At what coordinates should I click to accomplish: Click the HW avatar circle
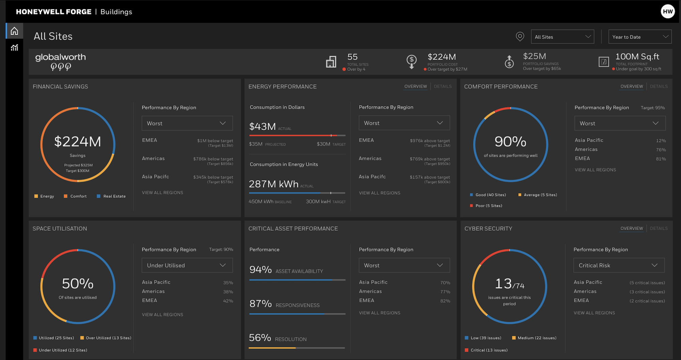(x=667, y=12)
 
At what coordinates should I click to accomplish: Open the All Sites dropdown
(x=562, y=37)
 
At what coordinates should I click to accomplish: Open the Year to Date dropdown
(x=639, y=37)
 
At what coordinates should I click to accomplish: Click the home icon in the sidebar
(x=14, y=31)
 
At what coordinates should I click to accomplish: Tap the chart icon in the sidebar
(x=14, y=48)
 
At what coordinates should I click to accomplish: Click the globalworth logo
(x=61, y=61)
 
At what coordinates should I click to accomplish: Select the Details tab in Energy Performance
(x=443, y=86)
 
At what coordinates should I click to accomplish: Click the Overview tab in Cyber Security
(x=632, y=228)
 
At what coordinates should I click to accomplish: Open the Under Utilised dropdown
(x=187, y=265)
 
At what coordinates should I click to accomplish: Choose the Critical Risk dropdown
(x=619, y=265)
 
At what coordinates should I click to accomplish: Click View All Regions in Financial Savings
(x=162, y=193)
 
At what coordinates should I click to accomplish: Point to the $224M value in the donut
(x=78, y=142)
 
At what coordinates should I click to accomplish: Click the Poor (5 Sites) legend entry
(x=488, y=206)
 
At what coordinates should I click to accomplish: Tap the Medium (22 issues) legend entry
(x=537, y=338)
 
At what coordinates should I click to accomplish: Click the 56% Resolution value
(x=260, y=338)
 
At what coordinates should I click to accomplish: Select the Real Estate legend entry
(x=114, y=196)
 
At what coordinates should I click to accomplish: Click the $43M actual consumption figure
(x=263, y=127)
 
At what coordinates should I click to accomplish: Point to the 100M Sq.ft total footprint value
(x=637, y=56)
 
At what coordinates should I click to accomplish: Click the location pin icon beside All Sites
(x=520, y=36)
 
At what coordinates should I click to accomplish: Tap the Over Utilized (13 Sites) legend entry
(x=108, y=338)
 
